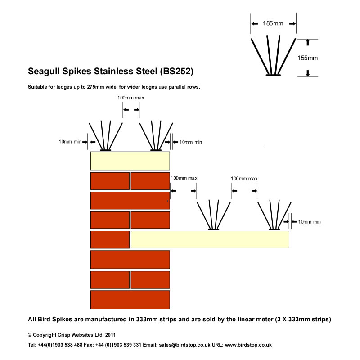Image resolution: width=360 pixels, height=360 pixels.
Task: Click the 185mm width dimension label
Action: coord(273,23)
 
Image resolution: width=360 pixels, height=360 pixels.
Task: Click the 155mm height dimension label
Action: coord(307,58)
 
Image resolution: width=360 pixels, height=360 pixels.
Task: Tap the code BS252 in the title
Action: coord(176,71)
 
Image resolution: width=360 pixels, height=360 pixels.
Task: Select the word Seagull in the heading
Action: coord(44,72)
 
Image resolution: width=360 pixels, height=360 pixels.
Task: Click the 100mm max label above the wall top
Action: coord(130,98)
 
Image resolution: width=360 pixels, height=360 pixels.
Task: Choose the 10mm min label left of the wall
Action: coord(70,142)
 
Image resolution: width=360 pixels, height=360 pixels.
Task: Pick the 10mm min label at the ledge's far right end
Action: coord(309,222)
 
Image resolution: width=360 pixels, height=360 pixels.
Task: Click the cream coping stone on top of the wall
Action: coord(130,161)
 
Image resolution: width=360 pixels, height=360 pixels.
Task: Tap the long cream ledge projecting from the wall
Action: coord(210,239)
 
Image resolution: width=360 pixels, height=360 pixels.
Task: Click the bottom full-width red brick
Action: coord(130,300)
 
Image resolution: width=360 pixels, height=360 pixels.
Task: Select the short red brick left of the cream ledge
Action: coord(110,239)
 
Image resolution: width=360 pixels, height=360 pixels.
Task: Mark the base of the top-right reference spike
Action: coord(273,75)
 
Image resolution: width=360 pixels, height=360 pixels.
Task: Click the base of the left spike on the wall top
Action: coord(106,150)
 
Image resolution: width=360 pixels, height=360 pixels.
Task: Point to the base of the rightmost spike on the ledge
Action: coord(274,229)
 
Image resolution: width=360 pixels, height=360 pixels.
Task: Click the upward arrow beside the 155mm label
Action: coord(308,42)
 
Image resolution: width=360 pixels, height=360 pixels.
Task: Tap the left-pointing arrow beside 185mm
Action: coord(255,23)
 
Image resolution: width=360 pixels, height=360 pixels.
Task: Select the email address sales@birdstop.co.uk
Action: coord(184,345)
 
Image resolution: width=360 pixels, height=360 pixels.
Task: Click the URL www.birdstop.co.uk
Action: coord(248,345)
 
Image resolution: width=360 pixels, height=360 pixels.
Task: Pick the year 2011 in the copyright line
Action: coord(110,335)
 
